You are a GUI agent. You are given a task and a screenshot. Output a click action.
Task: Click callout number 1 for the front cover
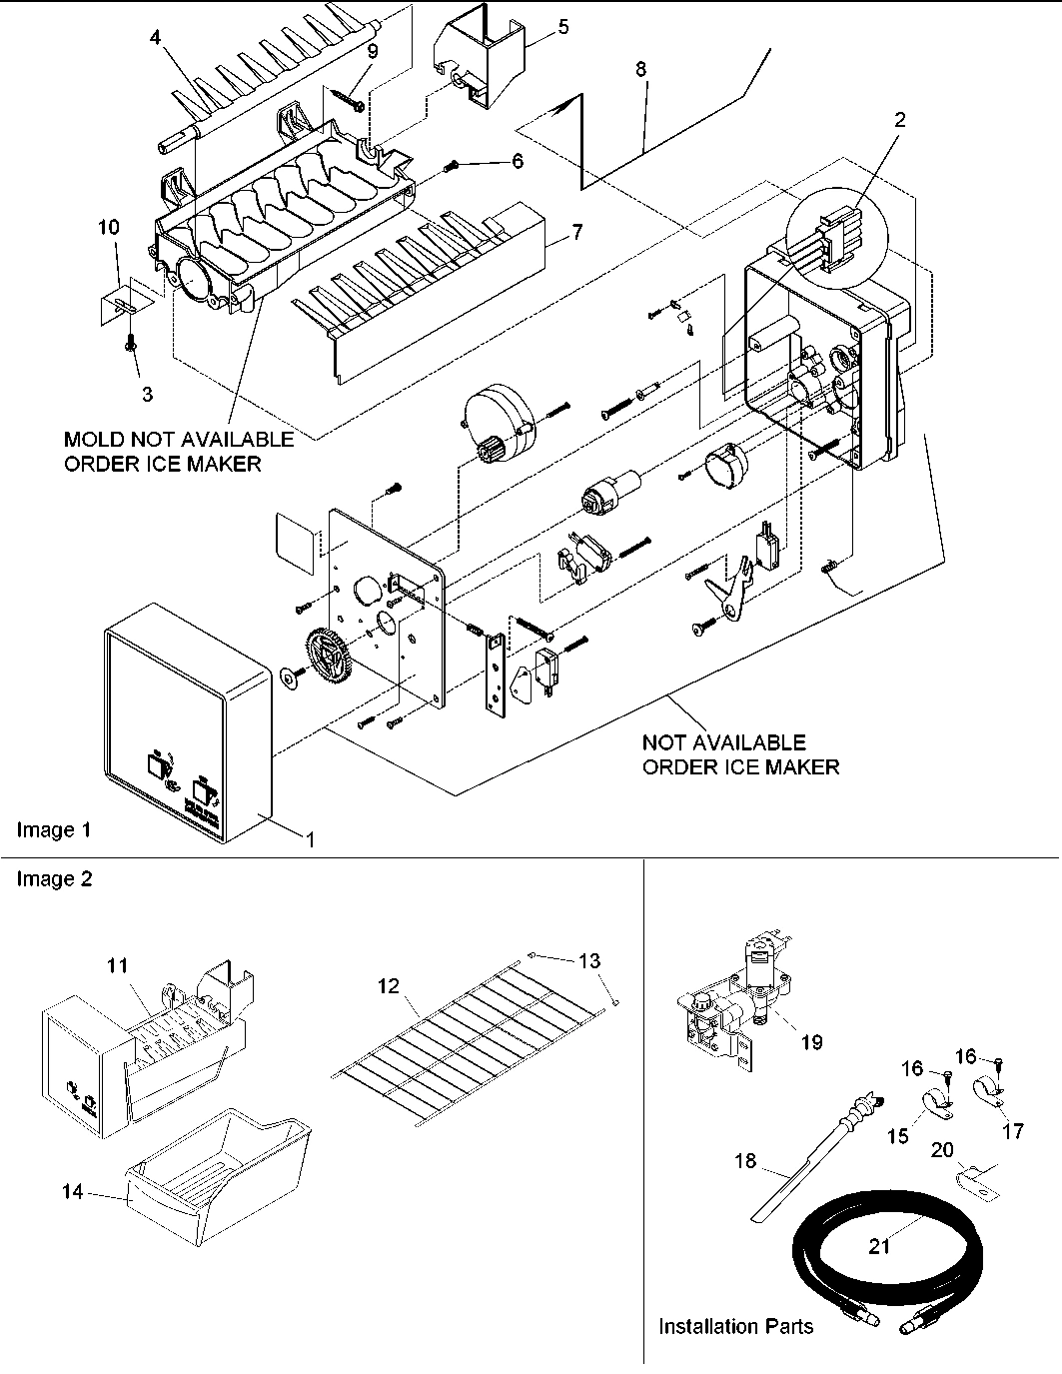pyautogui.click(x=310, y=841)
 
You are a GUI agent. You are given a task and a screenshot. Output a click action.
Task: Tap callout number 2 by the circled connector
pyautogui.click(x=900, y=120)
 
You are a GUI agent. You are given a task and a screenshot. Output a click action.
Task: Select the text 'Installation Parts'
pyautogui.click(x=735, y=1327)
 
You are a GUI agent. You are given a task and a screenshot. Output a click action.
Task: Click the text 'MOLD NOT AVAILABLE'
pyautogui.click(x=179, y=440)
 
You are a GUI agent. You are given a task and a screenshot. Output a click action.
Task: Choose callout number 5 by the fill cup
pyautogui.click(x=563, y=27)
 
